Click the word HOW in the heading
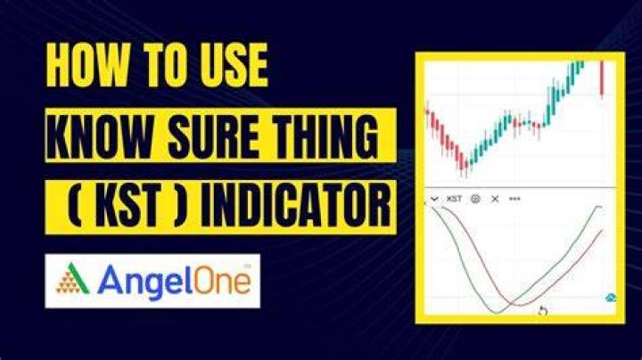point(80,65)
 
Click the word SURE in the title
point(213,135)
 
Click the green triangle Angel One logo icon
point(73,279)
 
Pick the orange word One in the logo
point(222,280)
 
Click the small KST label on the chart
point(454,199)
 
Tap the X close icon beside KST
point(495,199)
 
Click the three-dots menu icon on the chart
point(514,199)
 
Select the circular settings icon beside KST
point(475,199)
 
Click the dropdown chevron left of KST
point(434,200)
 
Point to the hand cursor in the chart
point(542,311)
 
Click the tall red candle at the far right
point(602,80)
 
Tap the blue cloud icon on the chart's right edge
point(611,298)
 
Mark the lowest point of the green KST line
point(497,314)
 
